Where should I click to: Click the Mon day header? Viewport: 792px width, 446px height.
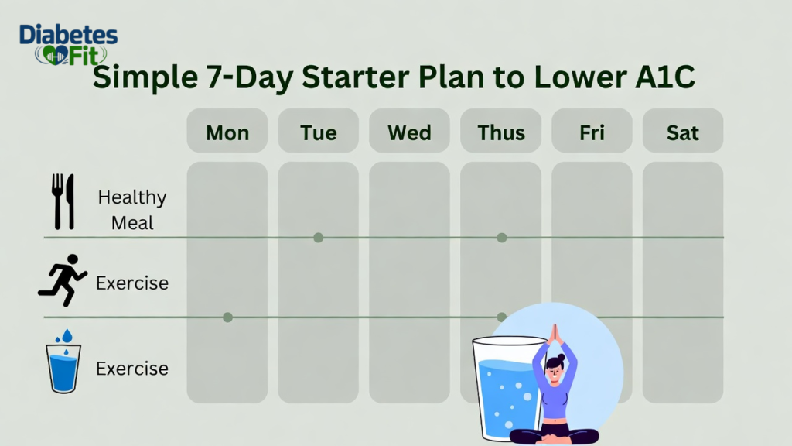pyautogui.click(x=227, y=132)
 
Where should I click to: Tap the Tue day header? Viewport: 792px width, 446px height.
pyautogui.click(x=319, y=132)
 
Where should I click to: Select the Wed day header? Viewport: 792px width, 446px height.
pyautogui.click(x=409, y=132)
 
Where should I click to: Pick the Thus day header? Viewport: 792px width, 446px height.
pyautogui.click(x=501, y=132)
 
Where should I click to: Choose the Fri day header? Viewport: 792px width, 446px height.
pyautogui.click(x=592, y=132)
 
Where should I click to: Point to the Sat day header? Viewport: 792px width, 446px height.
pyautogui.click(x=683, y=132)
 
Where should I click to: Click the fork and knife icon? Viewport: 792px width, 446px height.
pyautogui.click(x=63, y=201)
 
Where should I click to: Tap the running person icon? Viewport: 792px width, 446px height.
pyautogui.click(x=63, y=280)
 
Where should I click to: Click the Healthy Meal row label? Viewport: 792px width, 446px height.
pyautogui.click(x=132, y=210)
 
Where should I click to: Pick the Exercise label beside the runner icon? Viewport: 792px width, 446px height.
pyautogui.click(x=132, y=283)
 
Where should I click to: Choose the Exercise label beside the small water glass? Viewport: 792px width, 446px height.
pyautogui.click(x=132, y=369)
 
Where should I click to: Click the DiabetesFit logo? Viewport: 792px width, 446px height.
pyautogui.click(x=68, y=45)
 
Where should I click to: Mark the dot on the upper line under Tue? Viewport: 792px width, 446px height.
pyautogui.click(x=318, y=238)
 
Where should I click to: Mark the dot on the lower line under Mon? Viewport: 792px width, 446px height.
pyautogui.click(x=227, y=317)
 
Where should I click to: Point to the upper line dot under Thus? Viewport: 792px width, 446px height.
pyautogui.click(x=502, y=238)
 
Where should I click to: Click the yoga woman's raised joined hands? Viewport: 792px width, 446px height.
pyautogui.click(x=554, y=334)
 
